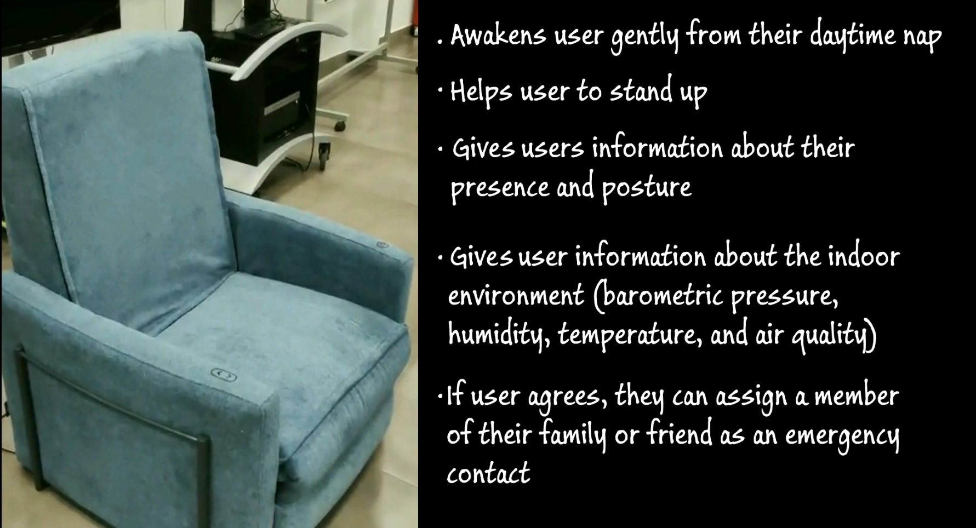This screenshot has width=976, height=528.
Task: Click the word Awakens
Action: click(x=498, y=36)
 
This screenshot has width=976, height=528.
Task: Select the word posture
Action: click(x=647, y=188)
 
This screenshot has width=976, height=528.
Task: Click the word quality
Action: click(x=831, y=335)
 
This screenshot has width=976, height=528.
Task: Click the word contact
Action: click(x=488, y=473)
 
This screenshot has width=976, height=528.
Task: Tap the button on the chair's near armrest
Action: click(x=224, y=375)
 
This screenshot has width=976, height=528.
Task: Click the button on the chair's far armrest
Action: click(x=383, y=245)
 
